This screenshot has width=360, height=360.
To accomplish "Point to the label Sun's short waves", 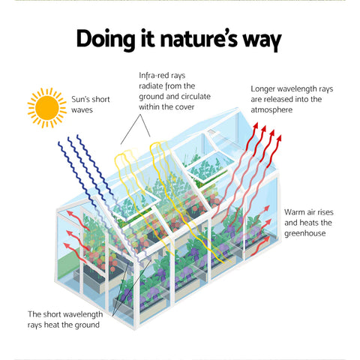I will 89,105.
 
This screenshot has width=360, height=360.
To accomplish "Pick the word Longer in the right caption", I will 265,88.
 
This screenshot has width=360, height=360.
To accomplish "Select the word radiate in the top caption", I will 153,86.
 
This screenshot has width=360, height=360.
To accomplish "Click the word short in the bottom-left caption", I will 54,314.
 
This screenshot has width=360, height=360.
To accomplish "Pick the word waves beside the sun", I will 84,111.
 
